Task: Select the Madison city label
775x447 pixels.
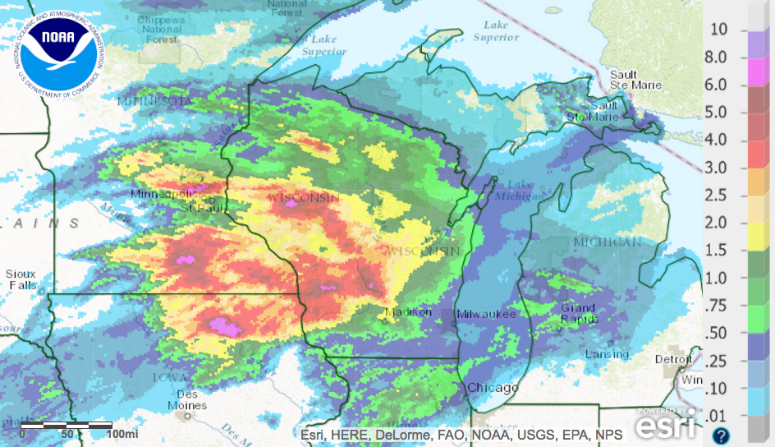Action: [x=408, y=312]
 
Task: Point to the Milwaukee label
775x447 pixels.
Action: [x=486, y=314]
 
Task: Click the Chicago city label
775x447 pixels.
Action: [x=493, y=388]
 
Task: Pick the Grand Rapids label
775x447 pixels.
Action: [x=578, y=313]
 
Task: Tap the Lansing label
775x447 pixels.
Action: [x=606, y=354]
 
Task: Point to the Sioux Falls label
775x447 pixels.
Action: [x=21, y=279]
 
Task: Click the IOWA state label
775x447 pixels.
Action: [x=164, y=377]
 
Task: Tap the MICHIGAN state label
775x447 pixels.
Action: [x=608, y=242]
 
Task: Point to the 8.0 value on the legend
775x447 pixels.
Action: [x=718, y=58]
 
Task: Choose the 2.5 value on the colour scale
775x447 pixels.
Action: [x=718, y=195]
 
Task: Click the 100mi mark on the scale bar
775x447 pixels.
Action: [x=122, y=433]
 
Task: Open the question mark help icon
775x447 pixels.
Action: [x=721, y=435]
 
